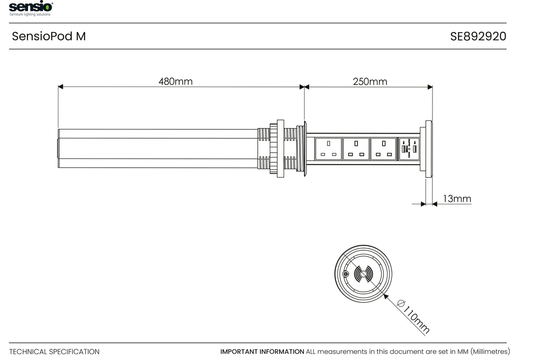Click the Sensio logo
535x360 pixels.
pos(31,7)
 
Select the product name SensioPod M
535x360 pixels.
pos(49,36)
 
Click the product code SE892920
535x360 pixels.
pos(478,36)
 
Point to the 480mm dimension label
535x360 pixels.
pos(176,81)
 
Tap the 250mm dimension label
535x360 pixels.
pos(370,82)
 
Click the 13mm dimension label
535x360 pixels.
pos(457,199)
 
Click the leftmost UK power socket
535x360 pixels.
pos(329,149)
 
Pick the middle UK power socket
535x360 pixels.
pos(356,149)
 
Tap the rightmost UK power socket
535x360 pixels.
pos(384,149)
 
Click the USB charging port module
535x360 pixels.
pos(409,149)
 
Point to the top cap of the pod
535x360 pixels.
pos(429,149)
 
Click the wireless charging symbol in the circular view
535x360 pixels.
pos(364,274)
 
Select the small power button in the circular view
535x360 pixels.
pos(346,274)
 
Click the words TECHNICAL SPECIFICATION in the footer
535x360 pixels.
pos(54,352)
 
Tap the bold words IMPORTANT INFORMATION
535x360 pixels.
pos(262,352)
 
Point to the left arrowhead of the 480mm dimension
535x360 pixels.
pos(61,87)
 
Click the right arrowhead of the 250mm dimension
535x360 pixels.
pos(430,87)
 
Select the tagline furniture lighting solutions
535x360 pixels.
pos(30,14)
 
